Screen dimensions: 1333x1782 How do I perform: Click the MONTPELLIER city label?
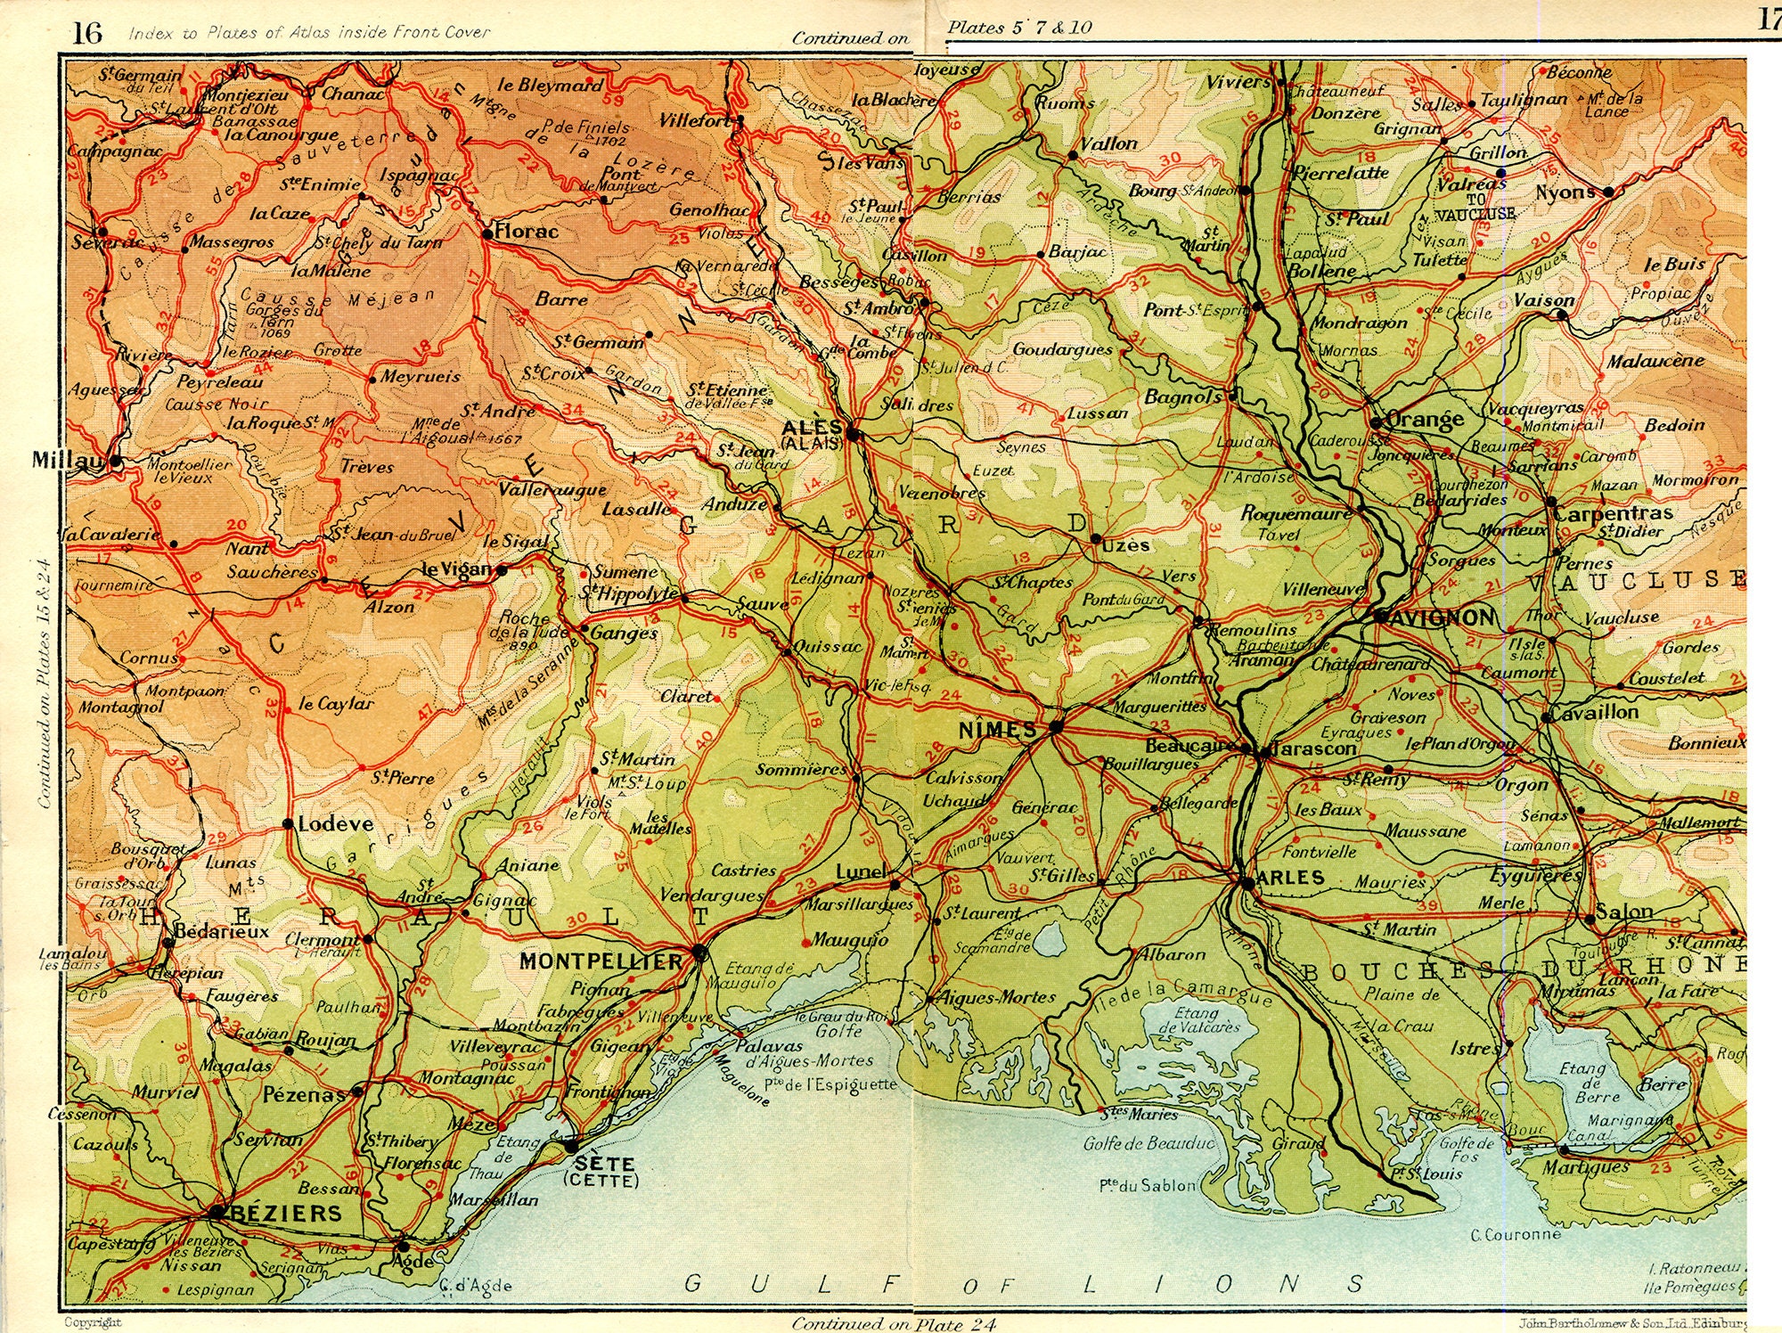[601, 961]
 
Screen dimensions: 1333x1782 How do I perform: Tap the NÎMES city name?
[997, 731]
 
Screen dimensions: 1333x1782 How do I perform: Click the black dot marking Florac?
[487, 234]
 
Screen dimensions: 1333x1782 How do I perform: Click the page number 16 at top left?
[86, 34]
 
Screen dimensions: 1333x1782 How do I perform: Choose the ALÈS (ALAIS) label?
[811, 434]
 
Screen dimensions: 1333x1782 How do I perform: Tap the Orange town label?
[1426, 419]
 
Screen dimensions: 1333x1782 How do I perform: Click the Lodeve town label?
[334, 824]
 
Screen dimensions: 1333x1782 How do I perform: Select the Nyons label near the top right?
[1565, 192]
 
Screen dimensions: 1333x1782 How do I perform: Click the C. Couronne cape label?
[1516, 1235]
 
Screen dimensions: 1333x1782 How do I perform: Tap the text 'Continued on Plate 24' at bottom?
[894, 1324]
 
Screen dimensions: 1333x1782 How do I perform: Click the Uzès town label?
[1125, 544]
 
